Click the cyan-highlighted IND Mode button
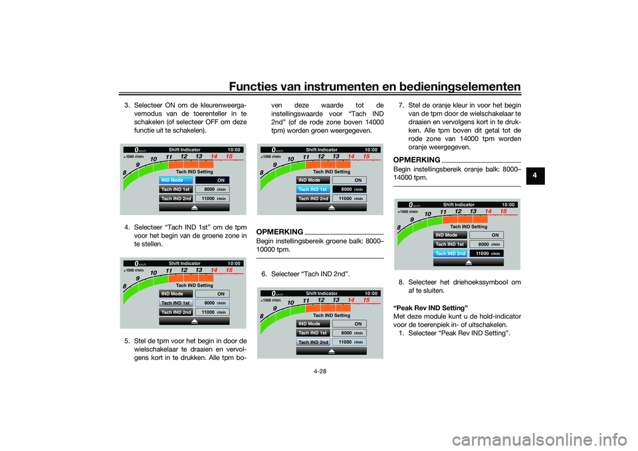(x=176, y=179)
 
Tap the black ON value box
(x=212, y=179)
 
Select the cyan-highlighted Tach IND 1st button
(x=313, y=189)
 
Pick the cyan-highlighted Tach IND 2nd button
(x=451, y=253)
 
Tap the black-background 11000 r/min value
(x=488, y=253)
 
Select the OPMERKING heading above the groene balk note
(x=279, y=230)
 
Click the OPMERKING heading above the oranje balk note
(x=417, y=160)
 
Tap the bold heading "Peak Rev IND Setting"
(x=431, y=308)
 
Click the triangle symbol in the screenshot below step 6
(x=332, y=351)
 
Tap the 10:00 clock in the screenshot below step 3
(x=234, y=149)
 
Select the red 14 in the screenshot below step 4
(x=213, y=270)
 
